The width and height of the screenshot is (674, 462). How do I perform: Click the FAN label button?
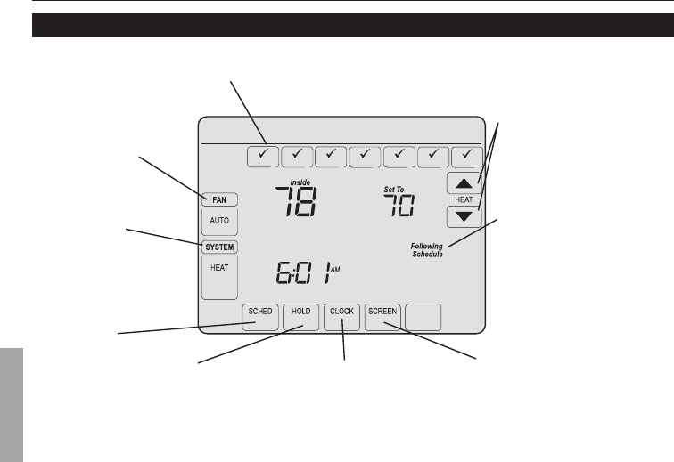218,200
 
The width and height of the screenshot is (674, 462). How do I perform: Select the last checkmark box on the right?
466,156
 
